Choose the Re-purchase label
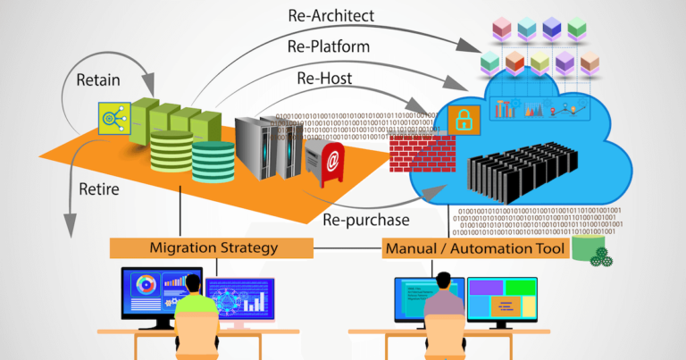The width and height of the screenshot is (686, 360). click(366, 219)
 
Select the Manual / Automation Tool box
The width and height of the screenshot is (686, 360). click(474, 247)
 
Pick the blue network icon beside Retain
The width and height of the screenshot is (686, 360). click(113, 119)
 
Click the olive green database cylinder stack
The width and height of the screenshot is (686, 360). click(170, 153)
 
